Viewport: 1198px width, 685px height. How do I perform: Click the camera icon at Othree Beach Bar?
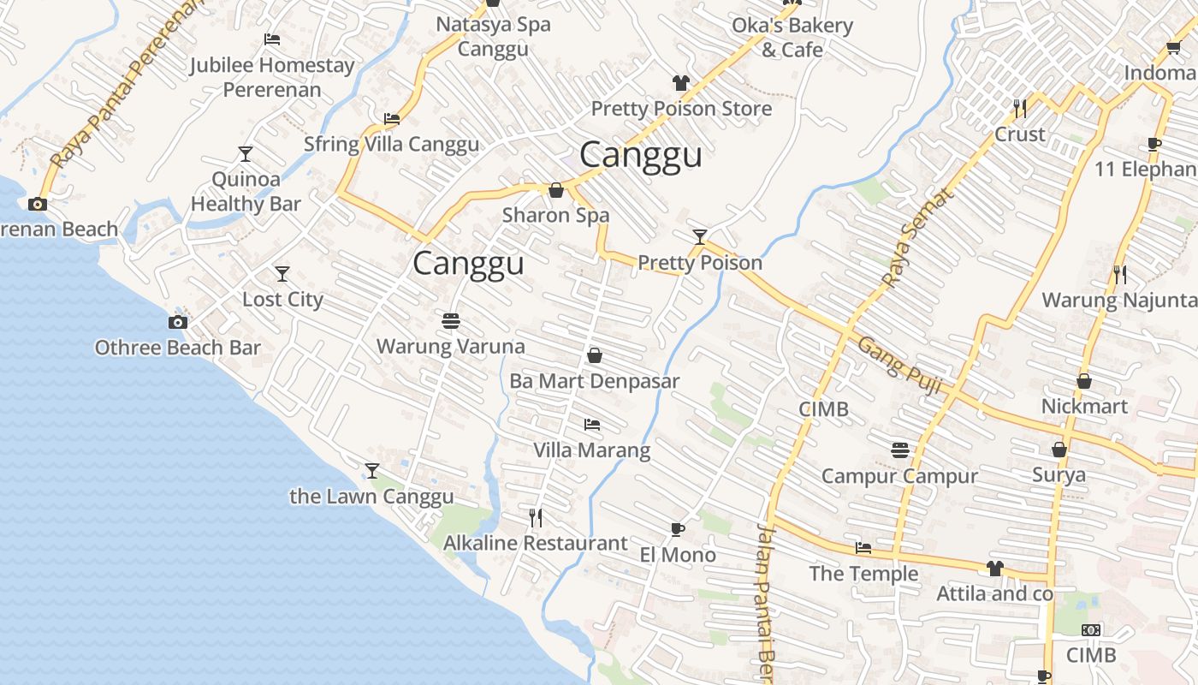(178, 323)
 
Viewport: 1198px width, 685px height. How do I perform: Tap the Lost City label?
(282, 300)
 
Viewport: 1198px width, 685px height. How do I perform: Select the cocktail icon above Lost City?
(282, 274)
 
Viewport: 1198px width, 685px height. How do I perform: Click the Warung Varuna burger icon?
(451, 321)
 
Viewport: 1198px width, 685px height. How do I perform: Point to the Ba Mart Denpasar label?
(594, 381)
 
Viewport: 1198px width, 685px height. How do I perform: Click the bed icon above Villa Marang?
(591, 424)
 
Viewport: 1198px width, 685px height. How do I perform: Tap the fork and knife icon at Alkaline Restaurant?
(536, 517)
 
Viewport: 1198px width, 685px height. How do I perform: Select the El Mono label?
(678, 555)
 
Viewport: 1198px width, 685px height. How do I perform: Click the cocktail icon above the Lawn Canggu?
(371, 471)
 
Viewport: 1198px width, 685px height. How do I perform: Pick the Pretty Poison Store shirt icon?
(681, 83)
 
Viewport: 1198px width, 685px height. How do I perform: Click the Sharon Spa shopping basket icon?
(556, 190)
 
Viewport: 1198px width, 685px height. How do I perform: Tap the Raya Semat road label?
(916, 238)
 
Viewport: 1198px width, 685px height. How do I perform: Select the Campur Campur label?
(899, 476)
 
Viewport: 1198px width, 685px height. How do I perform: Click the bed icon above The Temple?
(863, 548)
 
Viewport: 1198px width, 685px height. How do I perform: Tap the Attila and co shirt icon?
(994, 568)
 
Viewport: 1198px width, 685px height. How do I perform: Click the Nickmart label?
(1084, 406)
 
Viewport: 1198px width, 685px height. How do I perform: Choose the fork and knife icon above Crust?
(1020, 108)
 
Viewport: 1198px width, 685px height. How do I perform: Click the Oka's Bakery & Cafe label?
(792, 38)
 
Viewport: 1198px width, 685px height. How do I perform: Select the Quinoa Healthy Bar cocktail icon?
(246, 154)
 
